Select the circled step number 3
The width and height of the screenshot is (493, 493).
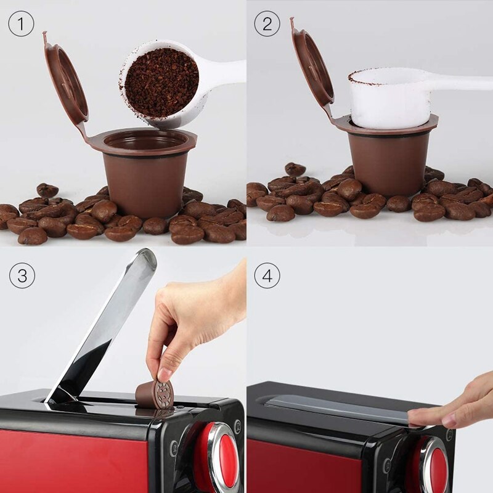[x=22, y=275]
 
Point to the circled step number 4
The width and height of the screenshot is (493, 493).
[x=267, y=275]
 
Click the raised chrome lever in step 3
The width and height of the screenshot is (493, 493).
[x=105, y=327]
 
